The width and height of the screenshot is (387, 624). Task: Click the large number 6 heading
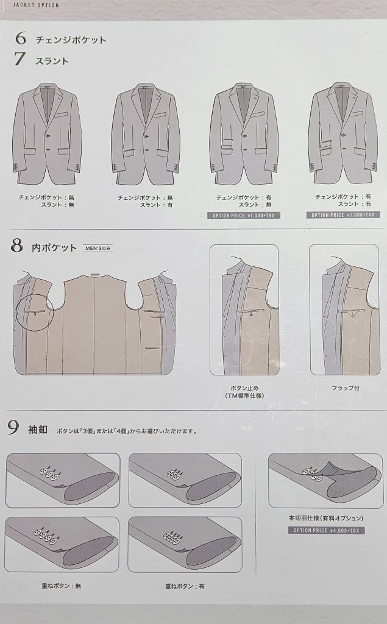21,38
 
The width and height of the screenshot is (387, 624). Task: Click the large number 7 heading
20,59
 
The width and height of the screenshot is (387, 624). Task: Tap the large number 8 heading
16,246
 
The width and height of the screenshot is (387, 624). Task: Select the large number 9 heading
13,428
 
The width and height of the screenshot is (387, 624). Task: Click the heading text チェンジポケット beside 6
71,40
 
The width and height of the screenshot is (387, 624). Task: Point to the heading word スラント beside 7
52,62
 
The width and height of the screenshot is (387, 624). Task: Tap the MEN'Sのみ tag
98,249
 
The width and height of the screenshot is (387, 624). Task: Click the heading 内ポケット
54,247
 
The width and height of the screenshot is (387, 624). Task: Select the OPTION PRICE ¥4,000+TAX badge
326,531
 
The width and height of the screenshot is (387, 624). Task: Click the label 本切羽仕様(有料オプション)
326,518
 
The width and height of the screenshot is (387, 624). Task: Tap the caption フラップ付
346,388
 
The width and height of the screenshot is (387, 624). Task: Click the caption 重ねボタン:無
62,586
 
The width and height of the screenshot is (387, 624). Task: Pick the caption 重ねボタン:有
185,586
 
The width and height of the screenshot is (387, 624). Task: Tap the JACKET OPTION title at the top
35,5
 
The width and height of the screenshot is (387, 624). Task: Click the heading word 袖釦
38,430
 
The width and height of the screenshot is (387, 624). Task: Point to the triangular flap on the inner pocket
353,314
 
